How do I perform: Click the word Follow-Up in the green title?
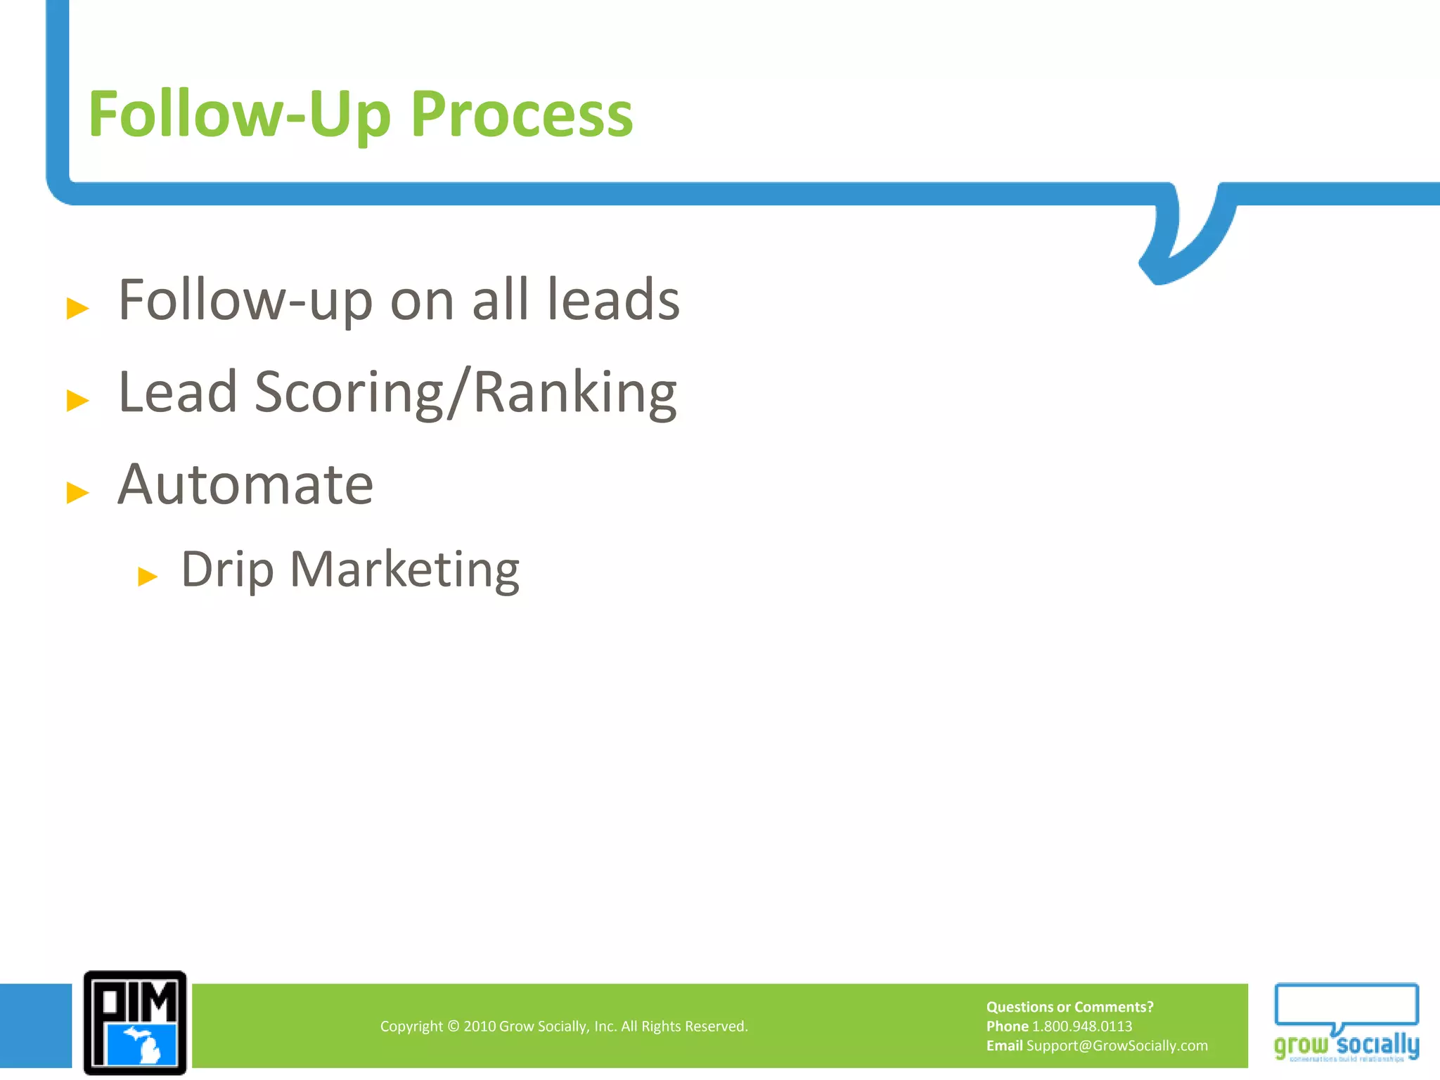click(x=239, y=115)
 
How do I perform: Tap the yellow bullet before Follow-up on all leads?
click(x=77, y=308)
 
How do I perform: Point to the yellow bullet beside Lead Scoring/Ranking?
click(x=77, y=400)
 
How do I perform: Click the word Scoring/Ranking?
click(x=465, y=392)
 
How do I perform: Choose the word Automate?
click(x=245, y=485)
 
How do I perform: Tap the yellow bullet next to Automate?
click(x=77, y=492)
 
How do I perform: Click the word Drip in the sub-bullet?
click(x=226, y=570)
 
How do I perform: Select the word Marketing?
click(x=404, y=570)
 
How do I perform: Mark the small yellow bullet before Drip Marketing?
click(x=148, y=577)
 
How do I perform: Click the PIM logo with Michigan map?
click(x=135, y=1022)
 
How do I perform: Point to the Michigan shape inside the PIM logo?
click(x=146, y=1045)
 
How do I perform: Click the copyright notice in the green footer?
click(x=564, y=1027)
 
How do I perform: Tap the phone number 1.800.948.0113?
click(x=1081, y=1027)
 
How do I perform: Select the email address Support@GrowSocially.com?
click(x=1117, y=1046)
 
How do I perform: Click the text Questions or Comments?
click(x=1069, y=1007)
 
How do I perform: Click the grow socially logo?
click(x=1346, y=1023)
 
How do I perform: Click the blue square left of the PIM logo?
click(x=35, y=1025)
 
